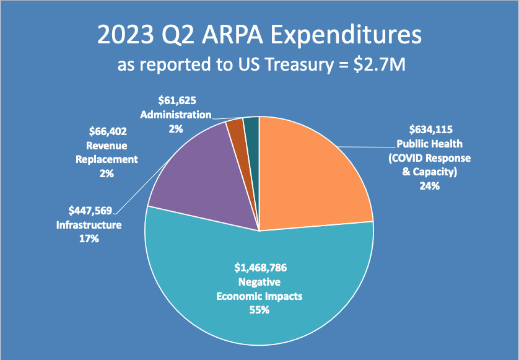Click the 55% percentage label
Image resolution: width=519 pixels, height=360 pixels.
click(x=260, y=310)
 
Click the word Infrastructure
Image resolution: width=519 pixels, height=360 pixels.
click(x=89, y=225)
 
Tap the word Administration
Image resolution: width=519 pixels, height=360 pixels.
click(x=176, y=115)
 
